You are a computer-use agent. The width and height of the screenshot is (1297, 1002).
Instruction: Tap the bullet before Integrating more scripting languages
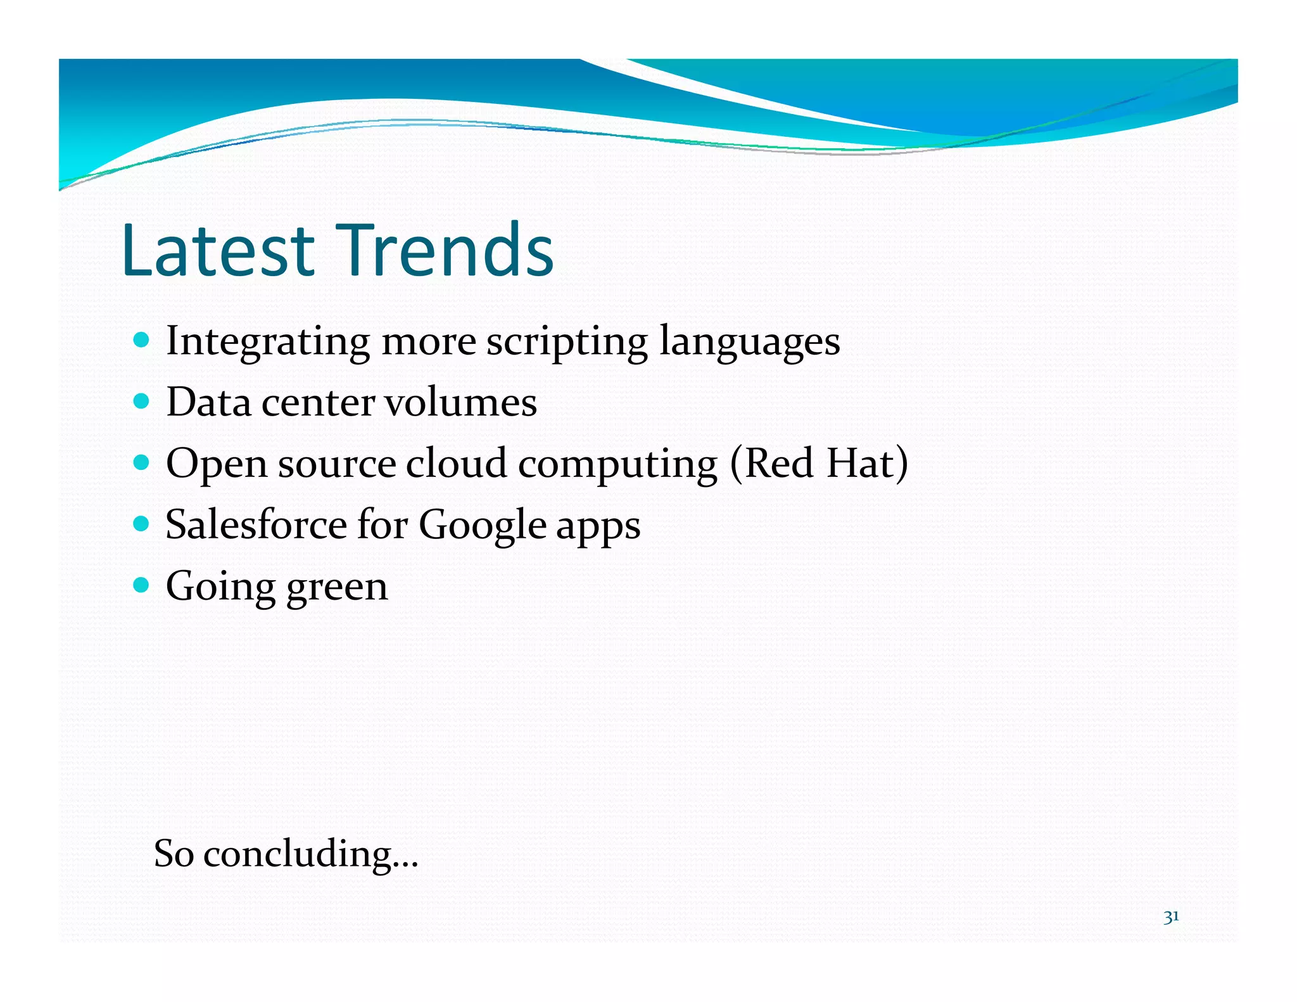(x=142, y=340)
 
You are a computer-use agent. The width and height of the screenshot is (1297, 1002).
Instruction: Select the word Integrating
(x=267, y=342)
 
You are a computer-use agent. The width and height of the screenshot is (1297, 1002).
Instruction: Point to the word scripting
(x=567, y=342)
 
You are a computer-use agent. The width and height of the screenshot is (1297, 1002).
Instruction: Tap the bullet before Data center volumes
(x=142, y=402)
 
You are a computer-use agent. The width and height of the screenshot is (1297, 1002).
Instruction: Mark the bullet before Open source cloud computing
(x=142, y=463)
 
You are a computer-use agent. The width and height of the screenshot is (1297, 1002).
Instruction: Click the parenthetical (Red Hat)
(x=819, y=464)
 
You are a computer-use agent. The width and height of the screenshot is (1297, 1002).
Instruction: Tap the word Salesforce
(x=256, y=524)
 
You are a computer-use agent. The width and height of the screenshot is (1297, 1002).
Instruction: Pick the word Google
(x=482, y=526)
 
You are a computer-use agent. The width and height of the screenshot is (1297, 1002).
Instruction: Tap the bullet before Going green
(x=142, y=585)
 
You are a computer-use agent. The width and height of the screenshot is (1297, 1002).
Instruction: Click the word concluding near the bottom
(x=310, y=854)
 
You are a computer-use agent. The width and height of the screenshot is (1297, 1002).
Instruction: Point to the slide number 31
(x=1170, y=916)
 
